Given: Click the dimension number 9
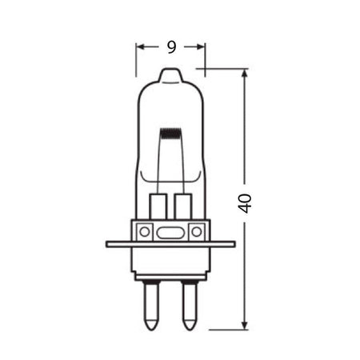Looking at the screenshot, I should point(171,46).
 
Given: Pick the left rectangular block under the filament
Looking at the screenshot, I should point(158,205).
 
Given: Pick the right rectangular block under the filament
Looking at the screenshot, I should point(182,205).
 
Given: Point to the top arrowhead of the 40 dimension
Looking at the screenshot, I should point(245,74).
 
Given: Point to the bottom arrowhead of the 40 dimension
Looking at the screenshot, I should point(245,324).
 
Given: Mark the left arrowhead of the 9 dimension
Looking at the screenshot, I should point(139,47).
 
